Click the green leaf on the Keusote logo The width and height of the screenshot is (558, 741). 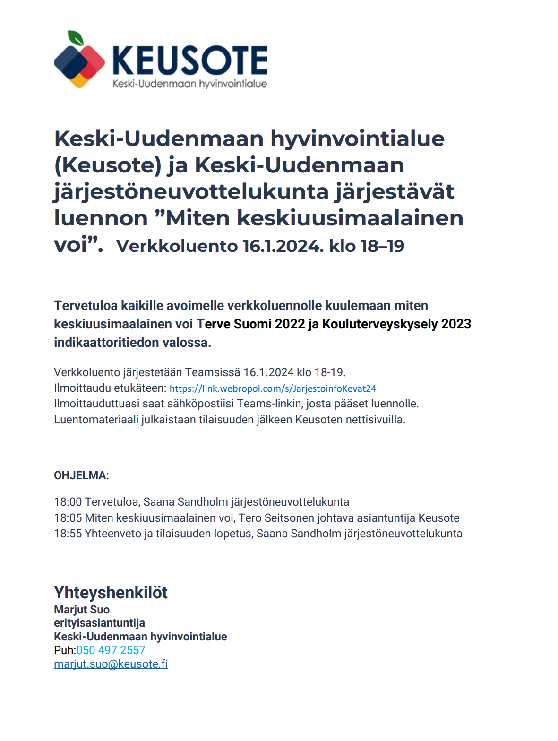[x=76, y=38]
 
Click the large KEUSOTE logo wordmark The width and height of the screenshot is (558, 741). [x=190, y=60]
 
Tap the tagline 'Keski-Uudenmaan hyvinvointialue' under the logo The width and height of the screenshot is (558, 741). [x=189, y=84]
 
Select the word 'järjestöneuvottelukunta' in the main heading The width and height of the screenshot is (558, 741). [x=190, y=192]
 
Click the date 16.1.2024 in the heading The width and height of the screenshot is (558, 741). [x=283, y=246]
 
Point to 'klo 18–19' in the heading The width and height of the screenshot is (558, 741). [x=367, y=246]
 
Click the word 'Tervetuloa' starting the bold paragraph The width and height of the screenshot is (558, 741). [x=86, y=306]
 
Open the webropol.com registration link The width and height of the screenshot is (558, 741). [x=273, y=388]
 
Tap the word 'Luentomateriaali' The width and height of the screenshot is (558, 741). [x=96, y=420]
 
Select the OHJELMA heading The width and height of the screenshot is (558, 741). [x=81, y=475]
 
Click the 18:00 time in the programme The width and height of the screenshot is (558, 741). [x=68, y=502]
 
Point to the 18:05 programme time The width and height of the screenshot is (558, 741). [x=68, y=518]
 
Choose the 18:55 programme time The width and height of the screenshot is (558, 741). [x=68, y=534]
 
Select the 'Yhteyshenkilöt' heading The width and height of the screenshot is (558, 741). [x=111, y=593]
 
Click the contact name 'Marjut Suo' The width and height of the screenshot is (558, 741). [x=82, y=610]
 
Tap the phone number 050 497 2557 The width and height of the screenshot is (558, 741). [x=111, y=650]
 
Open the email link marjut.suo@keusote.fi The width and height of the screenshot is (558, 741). [x=111, y=664]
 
